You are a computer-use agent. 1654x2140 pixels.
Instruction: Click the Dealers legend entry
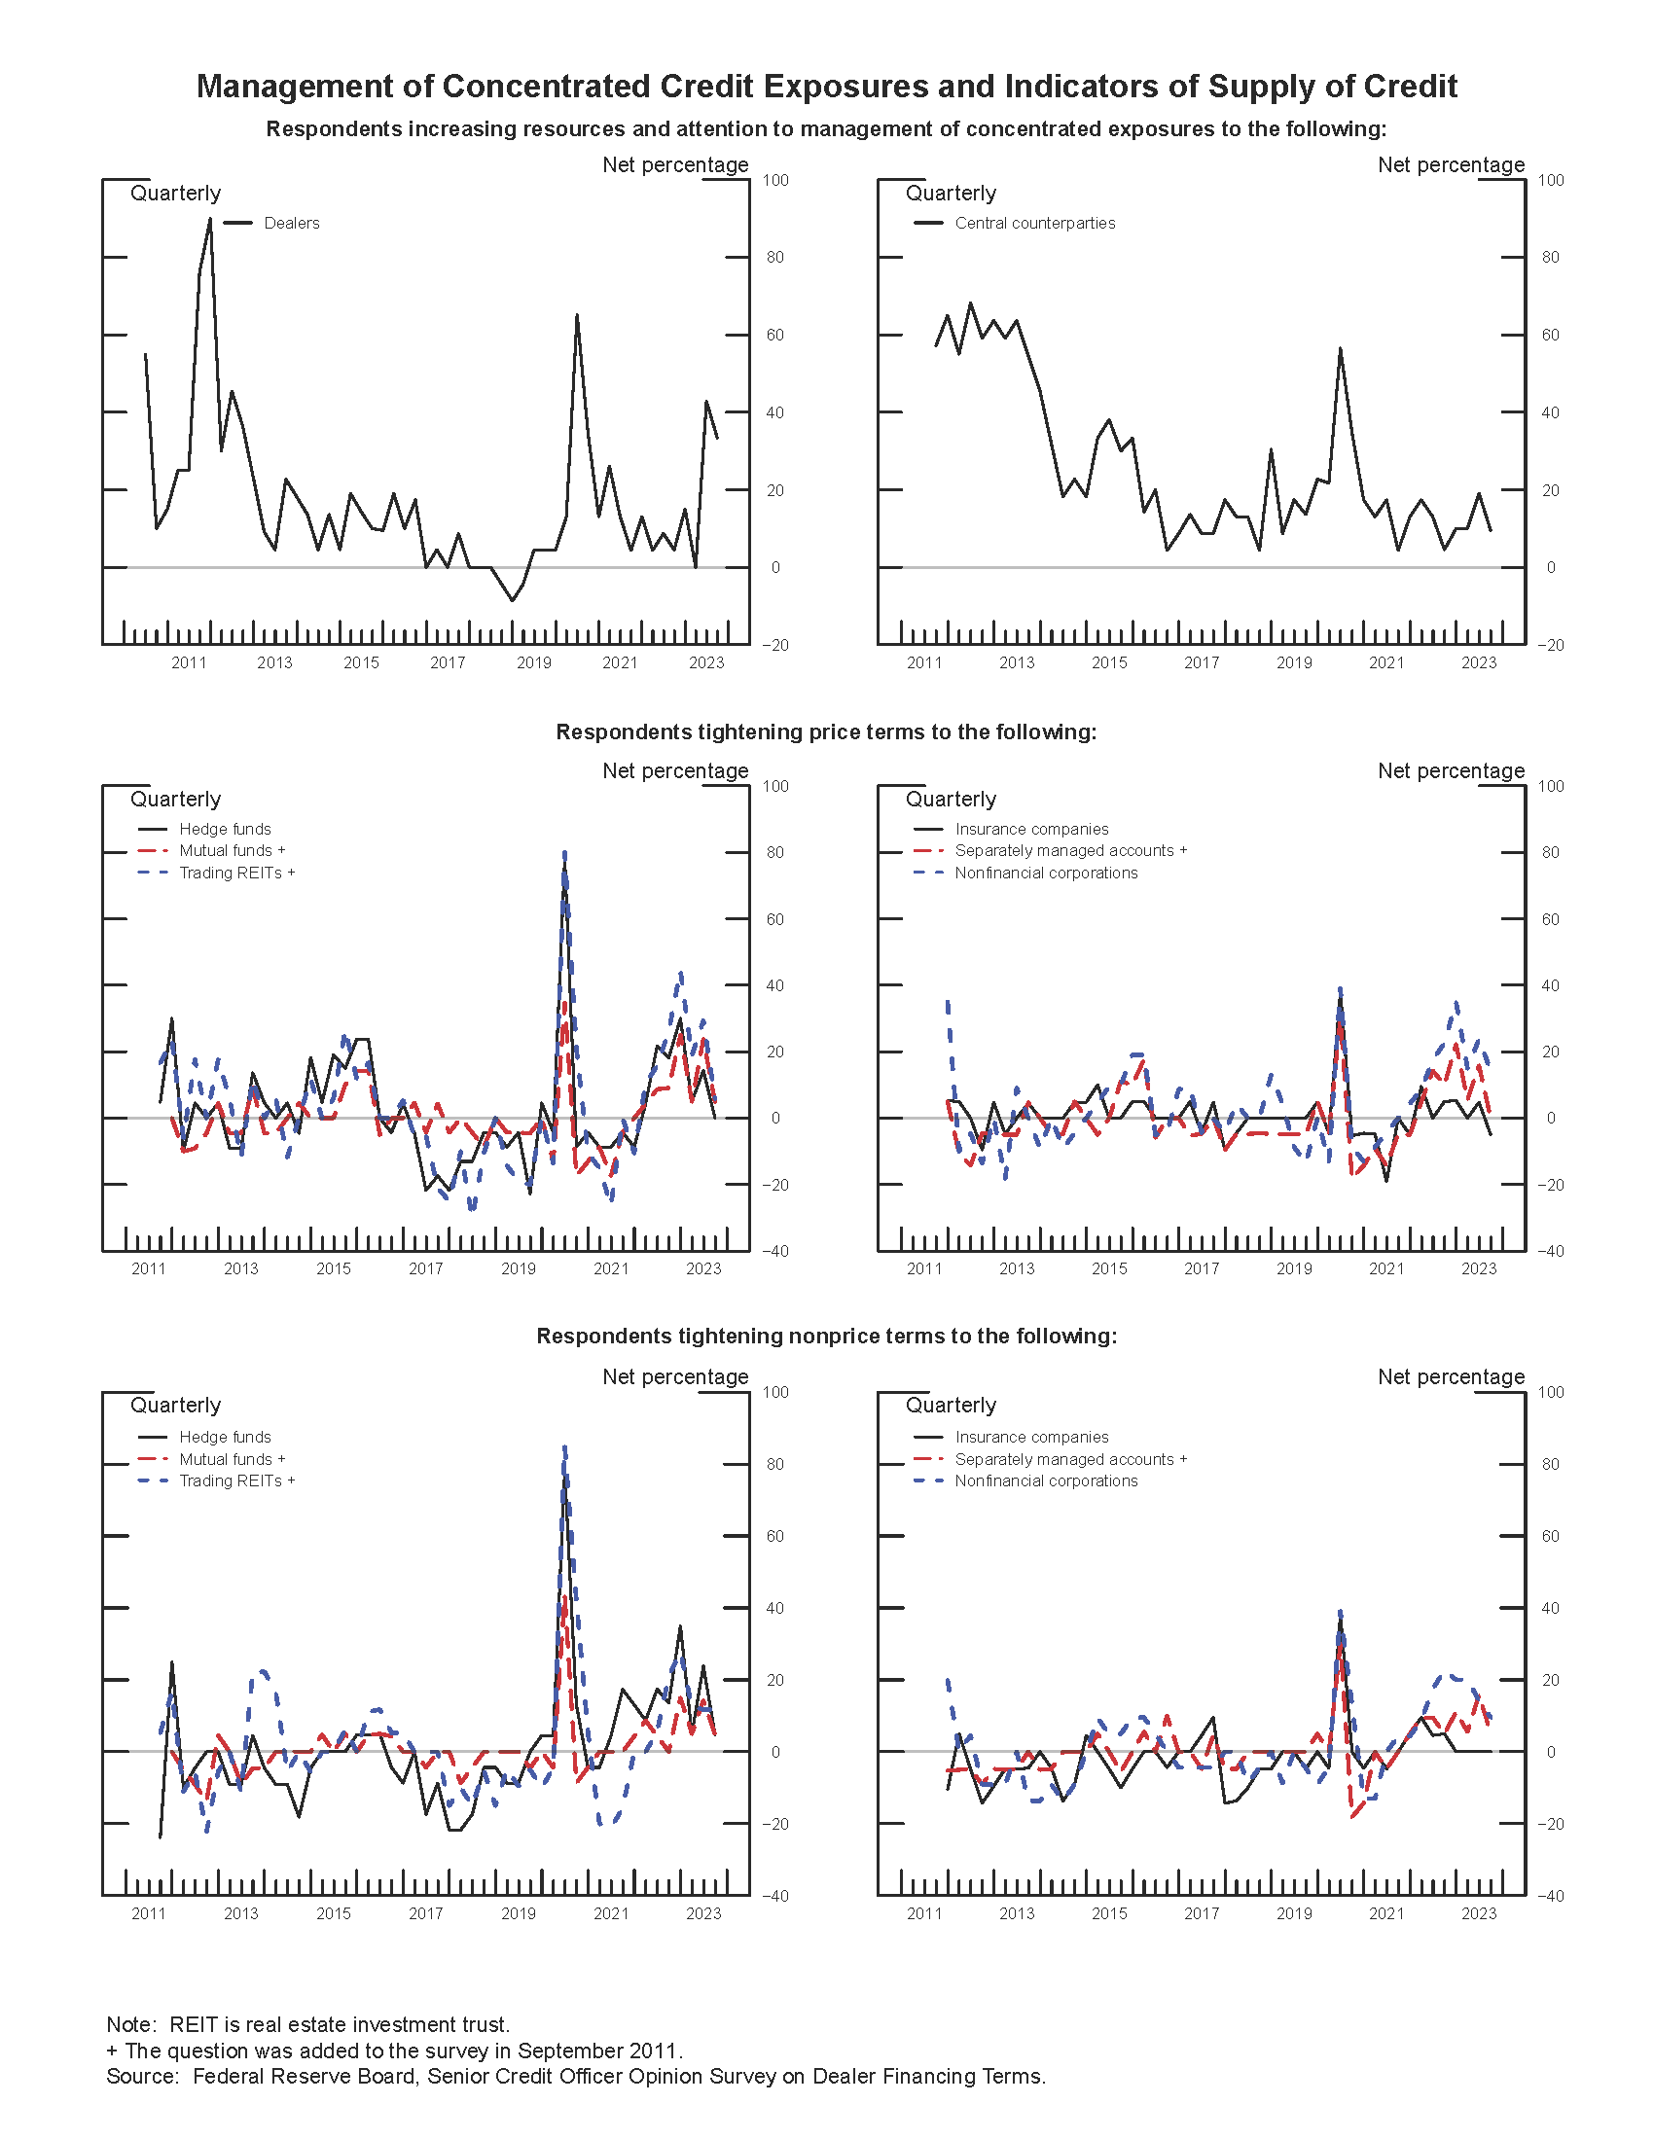291,224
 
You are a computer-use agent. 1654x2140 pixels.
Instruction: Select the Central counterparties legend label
1035,224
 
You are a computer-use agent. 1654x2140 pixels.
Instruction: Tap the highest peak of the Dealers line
210,220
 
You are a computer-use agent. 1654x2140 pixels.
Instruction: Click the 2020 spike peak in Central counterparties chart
1340,348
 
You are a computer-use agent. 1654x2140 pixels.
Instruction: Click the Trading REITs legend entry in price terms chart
236,874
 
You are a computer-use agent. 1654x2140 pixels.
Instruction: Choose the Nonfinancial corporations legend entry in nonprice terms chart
1046,1480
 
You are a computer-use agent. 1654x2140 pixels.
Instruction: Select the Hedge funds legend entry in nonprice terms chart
225,1437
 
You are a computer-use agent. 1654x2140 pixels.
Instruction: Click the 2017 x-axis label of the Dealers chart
448,663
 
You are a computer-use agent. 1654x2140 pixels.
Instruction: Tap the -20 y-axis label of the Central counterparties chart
1549,645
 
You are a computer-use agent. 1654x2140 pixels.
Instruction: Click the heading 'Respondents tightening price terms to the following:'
826,731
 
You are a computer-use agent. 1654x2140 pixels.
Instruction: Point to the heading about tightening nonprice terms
826,1337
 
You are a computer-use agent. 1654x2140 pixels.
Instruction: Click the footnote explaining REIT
307,2024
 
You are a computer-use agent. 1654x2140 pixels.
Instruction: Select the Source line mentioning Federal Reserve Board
576,2077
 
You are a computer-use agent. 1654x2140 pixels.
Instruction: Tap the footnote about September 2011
394,2051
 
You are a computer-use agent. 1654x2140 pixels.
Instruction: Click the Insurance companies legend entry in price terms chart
1030,829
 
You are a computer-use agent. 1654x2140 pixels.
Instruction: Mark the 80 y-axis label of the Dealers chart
775,258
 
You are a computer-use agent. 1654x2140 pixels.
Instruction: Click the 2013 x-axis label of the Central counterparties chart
1017,663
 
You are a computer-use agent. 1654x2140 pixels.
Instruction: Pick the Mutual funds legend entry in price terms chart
232,850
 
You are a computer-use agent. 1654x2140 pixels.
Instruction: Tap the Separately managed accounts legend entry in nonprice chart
1070,1459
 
